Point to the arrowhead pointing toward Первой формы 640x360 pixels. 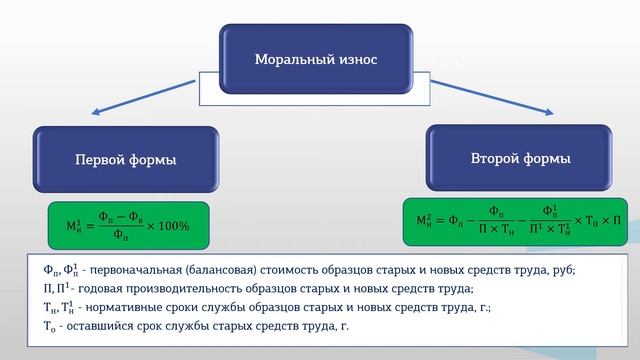point(91,116)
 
